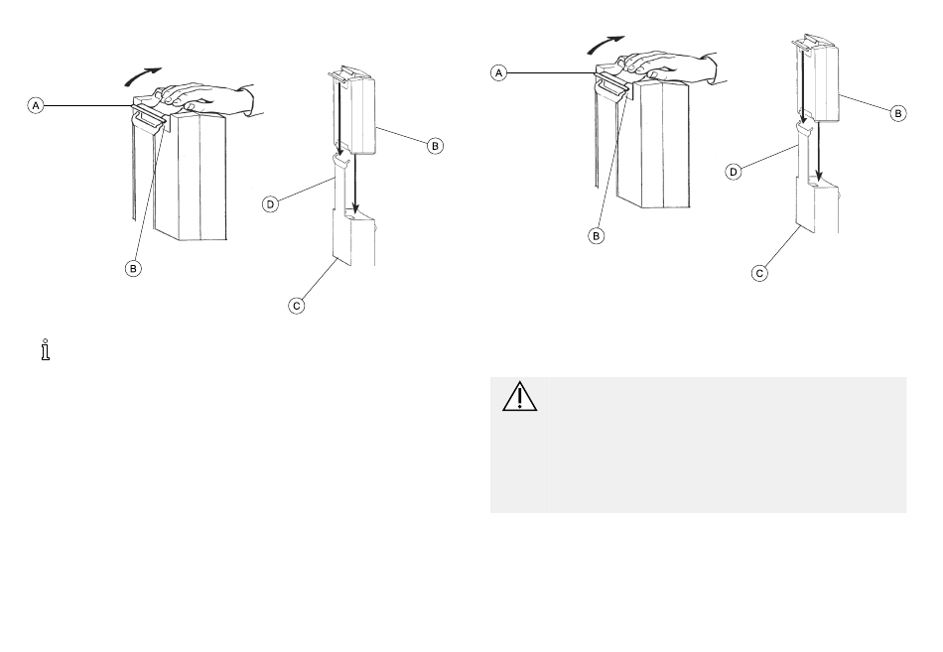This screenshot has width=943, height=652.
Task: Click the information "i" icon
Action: pos(45,349)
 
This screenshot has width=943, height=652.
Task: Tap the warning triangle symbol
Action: pos(519,396)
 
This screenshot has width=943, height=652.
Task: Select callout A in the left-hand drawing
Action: pos(36,106)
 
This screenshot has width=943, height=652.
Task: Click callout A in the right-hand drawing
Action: pos(498,73)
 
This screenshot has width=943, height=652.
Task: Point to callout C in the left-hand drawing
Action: pos(297,306)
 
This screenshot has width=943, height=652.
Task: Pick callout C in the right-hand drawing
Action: pos(759,273)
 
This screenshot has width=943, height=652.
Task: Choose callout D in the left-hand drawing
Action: pos(271,204)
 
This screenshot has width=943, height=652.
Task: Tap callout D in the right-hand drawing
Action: pos(734,172)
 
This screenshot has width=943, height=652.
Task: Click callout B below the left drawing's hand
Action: pos(133,268)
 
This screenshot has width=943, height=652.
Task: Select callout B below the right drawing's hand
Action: pos(596,236)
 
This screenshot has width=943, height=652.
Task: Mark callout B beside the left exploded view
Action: pos(435,146)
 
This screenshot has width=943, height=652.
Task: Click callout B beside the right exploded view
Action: pos(898,113)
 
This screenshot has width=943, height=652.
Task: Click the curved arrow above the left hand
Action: pos(142,75)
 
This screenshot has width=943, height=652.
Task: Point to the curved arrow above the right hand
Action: pos(606,44)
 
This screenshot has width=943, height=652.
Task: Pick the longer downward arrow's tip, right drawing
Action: pos(819,180)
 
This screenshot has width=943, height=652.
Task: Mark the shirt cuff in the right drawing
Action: pos(716,67)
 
